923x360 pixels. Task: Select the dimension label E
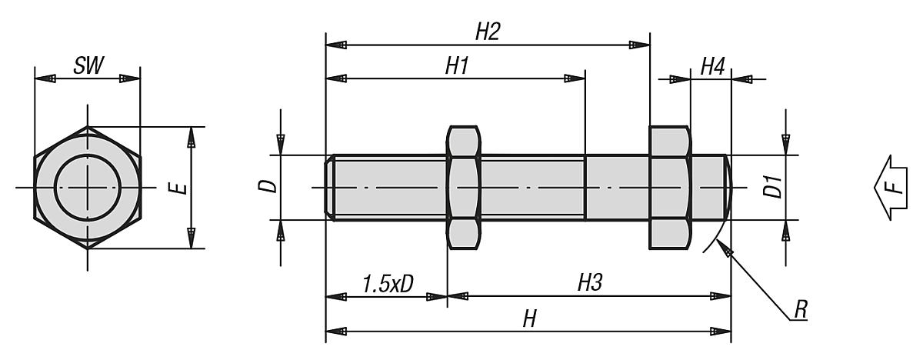coord(181,188)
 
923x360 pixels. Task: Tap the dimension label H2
coord(488,32)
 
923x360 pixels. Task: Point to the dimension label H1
coord(457,66)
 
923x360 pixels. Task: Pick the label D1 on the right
coord(773,188)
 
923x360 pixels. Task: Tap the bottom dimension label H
coord(528,319)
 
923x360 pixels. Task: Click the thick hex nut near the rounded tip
coord(670,188)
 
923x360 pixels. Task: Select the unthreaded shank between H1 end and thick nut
coord(617,188)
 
